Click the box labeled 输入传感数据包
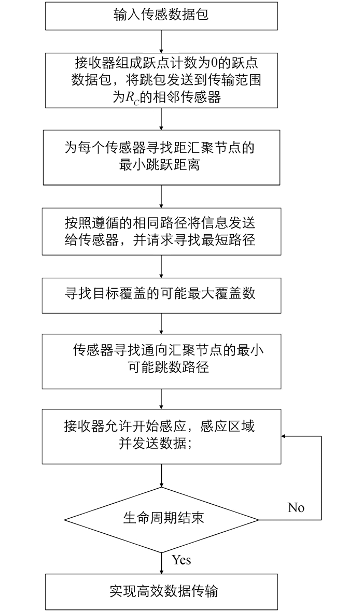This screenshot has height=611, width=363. (161, 16)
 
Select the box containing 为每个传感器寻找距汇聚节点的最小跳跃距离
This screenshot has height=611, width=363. (161, 158)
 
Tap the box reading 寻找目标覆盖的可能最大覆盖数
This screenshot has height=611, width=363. (161, 295)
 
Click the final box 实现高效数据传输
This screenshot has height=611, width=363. (161, 592)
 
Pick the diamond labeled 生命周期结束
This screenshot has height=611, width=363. (161, 520)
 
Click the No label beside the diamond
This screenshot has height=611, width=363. (296, 507)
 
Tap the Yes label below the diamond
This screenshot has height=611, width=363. (181, 560)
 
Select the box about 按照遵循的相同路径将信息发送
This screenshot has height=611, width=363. (161, 232)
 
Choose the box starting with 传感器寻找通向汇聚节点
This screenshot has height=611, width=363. (161, 361)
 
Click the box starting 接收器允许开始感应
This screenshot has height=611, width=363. (161, 436)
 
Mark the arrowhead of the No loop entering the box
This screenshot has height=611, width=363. (284, 436)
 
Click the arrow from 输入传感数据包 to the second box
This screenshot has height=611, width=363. (161, 41)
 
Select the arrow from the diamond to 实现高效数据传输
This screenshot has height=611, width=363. (161, 563)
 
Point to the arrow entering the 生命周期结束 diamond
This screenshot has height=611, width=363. (161, 475)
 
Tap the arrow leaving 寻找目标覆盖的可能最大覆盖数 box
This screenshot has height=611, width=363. (161, 323)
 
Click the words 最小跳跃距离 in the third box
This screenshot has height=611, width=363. (160, 165)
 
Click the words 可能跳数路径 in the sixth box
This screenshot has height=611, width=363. (169, 367)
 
